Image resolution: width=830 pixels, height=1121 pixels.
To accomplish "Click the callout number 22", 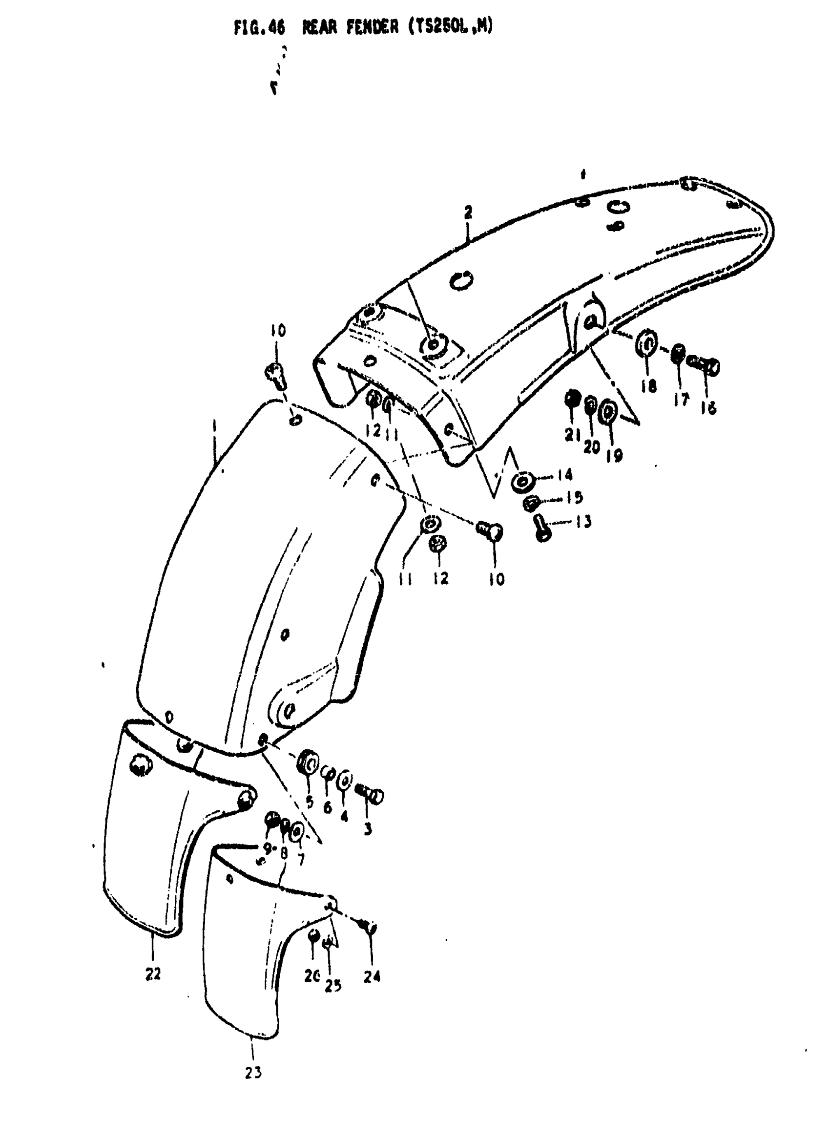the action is pos(153,973).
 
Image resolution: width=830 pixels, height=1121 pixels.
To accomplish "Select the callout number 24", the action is pos(372,976).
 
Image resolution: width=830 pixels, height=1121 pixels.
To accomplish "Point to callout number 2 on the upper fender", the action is pos(468,212).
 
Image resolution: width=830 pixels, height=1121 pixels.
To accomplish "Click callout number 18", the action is pos(649,385).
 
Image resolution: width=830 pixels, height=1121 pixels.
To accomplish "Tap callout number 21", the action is pos(572,434).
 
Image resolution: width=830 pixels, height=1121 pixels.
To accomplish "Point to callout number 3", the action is pos(368,829).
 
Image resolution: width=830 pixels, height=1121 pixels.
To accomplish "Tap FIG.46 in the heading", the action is pos(259,28).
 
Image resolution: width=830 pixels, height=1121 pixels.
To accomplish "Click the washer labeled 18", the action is pos(646,344).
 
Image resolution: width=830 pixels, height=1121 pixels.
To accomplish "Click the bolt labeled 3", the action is pos(373,795).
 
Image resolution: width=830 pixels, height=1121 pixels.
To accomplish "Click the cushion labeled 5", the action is pos(307,765).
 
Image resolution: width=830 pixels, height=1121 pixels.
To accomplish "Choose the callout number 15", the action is pos(574,497).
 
